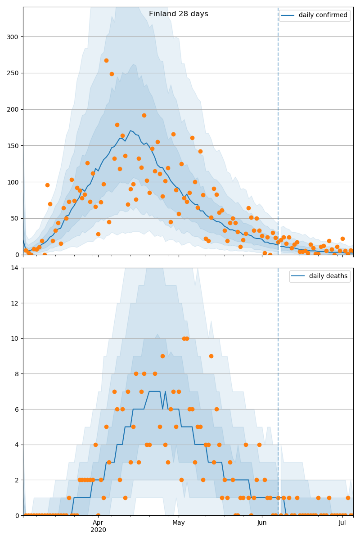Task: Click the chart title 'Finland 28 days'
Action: pos(179,14)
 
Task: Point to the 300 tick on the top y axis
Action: pos(13,37)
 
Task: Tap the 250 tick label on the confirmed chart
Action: pos(13,73)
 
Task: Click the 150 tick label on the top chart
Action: pos(13,146)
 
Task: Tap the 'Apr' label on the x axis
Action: pos(98,523)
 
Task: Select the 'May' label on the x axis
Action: pos(179,523)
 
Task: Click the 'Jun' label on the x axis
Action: pos(262,523)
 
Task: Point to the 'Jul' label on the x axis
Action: pos(342,523)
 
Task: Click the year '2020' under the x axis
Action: pos(98,530)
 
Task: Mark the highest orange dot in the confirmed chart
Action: pos(106,60)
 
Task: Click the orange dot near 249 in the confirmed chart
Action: pos(112,74)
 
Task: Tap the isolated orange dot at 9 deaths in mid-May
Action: pos(211,356)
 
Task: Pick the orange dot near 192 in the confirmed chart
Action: pos(144,115)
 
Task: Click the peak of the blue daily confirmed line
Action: pos(130,131)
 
